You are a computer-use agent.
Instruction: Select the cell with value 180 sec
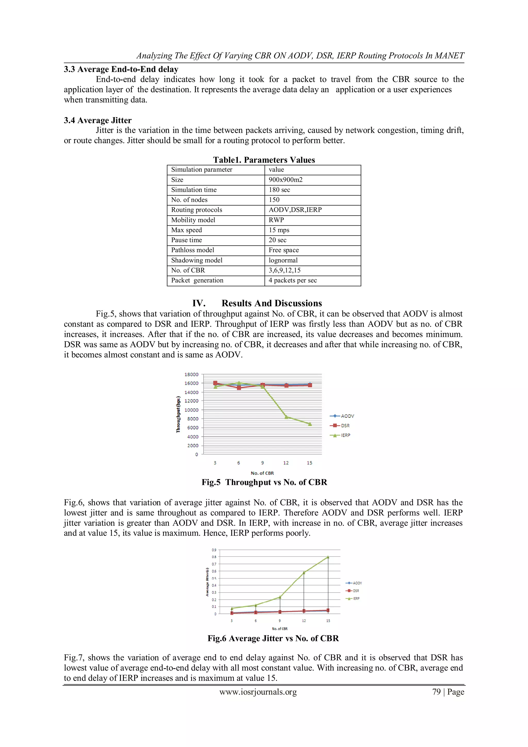click(x=279, y=190)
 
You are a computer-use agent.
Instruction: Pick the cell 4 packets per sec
click(x=292, y=281)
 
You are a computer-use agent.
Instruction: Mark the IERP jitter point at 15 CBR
click(x=328, y=557)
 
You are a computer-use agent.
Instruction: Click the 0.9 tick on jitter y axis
click(x=214, y=550)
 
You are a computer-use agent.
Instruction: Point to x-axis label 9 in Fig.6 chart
click(x=280, y=621)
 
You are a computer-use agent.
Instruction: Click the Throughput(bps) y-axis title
click(x=178, y=414)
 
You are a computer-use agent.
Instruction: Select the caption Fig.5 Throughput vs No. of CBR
click(x=264, y=482)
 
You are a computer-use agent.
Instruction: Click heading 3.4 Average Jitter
click(x=98, y=120)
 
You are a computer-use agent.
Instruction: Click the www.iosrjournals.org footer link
click(x=258, y=692)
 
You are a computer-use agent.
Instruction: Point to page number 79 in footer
click(x=436, y=692)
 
